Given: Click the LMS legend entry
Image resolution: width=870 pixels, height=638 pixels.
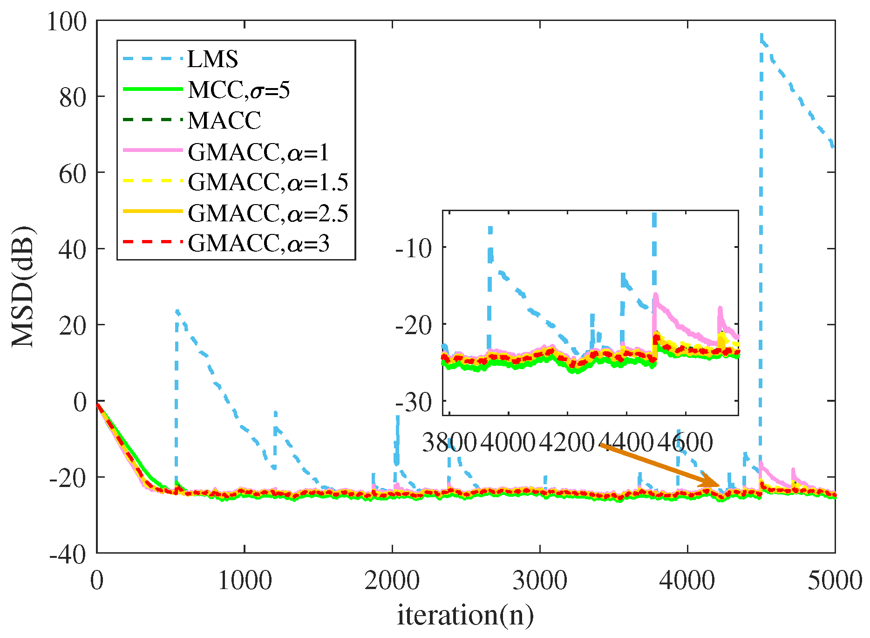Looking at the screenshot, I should pos(212,59).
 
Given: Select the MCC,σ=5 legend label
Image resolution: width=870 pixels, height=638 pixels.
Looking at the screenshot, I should pos(238,89).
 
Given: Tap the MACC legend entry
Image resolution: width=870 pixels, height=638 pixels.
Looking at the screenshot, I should pos(224,120).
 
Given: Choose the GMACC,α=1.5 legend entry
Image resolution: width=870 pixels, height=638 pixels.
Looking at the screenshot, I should pos(268,182).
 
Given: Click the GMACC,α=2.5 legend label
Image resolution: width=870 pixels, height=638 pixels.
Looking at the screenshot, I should pos(268,213).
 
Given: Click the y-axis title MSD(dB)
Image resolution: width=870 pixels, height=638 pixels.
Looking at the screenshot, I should pos(23,287).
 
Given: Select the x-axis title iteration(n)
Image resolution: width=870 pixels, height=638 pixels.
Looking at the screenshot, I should pos(465,615).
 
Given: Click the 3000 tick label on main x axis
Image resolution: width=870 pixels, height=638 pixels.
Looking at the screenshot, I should pos(539,581).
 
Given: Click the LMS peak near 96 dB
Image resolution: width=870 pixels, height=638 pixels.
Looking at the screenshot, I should pos(761,35).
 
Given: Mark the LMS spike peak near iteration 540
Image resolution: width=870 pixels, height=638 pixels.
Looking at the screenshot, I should pos(177,311).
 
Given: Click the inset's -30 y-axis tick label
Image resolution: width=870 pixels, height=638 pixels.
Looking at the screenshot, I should pos(413,402).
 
